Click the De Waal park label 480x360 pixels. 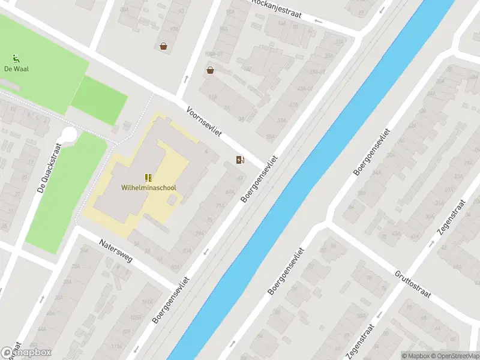point(16,69)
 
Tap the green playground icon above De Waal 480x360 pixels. point(16,58)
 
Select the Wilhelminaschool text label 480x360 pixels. point(149,188)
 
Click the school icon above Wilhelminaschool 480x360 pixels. point(148,178)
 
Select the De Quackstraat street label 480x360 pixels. point(49,167)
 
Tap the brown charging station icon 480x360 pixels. point(240,160)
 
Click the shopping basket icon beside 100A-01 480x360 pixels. point(210,70)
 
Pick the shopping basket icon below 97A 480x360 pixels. point(163,46)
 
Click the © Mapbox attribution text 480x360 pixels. point(415,356)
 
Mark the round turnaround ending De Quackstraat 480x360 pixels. point(70,134)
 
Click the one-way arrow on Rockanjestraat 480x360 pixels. point(318,22)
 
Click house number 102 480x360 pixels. point(126,332)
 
